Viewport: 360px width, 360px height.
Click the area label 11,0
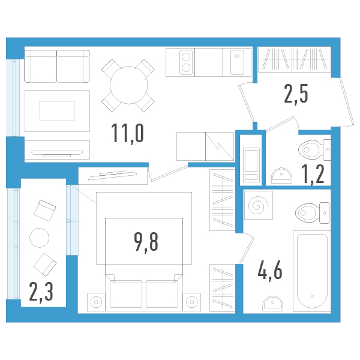pyautogui.click(x=128, y=134)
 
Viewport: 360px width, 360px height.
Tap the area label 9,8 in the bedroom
pyautogui.click(x=146, y=242)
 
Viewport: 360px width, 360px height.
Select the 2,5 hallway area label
pyautogui.click(x=296, y=94)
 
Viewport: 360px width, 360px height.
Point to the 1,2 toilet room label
pyautogui.click(x=313, y=175)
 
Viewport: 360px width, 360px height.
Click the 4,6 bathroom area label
pyautogui.click(x=270, y=271)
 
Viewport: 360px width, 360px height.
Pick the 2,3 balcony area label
pyautogui.click(x=41, y=292)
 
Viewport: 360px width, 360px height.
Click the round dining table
pyautogui.click(x=128, y=85)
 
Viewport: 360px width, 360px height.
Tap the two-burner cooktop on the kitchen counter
pyautogui.click(x=186, y=62)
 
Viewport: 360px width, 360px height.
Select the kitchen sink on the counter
pyautogui.click(x=237, y=62)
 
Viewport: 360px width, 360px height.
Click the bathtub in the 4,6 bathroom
pyautogui.click(x=312, y=271)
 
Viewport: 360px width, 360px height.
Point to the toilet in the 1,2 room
pyautogui.click(x=314, y=149)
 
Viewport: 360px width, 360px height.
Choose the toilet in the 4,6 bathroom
pyautogui.click(x=312, y=213)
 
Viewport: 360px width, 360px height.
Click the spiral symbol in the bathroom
pyautogui.click(x=259, y=205)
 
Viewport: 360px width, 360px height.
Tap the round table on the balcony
pyautogui.click(x=39, y=238)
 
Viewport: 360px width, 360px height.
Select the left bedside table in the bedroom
pyautogui.click(x=96, y=302)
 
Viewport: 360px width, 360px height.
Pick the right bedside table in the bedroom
pyautogui.click(x=192, y=302)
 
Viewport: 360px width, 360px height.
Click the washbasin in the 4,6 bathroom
pyautogui.click(x=273, y=303)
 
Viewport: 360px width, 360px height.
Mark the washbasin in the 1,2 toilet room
pyautogui.click(x=282, y=176)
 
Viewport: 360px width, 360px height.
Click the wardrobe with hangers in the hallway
pyautogui.click(x=295, y=59)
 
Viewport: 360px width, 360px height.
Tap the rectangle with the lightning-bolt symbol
pyautogui.click(x=220, y=146)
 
